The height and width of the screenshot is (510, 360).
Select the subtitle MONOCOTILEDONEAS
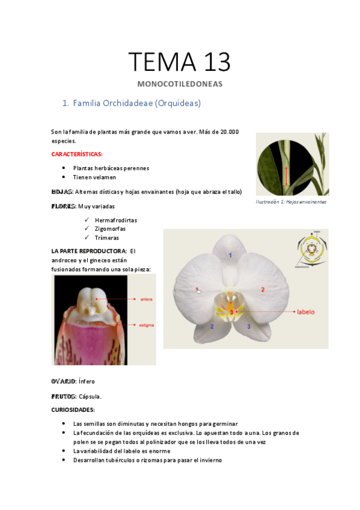pyautogui.click(x=180, y=84)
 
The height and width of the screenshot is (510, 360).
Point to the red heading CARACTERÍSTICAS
pyautogui.click(x=77, y=155)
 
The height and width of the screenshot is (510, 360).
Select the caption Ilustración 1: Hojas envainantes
pyautogui.click(x=291, y=202)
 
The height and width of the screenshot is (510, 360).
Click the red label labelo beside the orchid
pyautogui.click(x=306, y=312)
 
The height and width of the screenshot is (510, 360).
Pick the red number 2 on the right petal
pyautogui.click(x=263, y=290)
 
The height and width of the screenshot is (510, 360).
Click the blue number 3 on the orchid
pyautogui.click(x=248, y=327)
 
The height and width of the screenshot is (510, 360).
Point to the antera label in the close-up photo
pyautogui.click(x=146, y=298)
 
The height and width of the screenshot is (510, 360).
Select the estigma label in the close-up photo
pyautogui.click(x=147, y=325)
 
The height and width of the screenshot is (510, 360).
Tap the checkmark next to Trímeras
pyautogui.click(x=87, y=238)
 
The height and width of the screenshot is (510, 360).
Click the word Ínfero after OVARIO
pyautogui.click(x=87, y=381)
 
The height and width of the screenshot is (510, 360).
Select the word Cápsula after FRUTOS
pyautogui.click(x=90, y=396)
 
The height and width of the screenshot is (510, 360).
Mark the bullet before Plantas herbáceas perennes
pyautogui.click(x=64, y=168)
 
